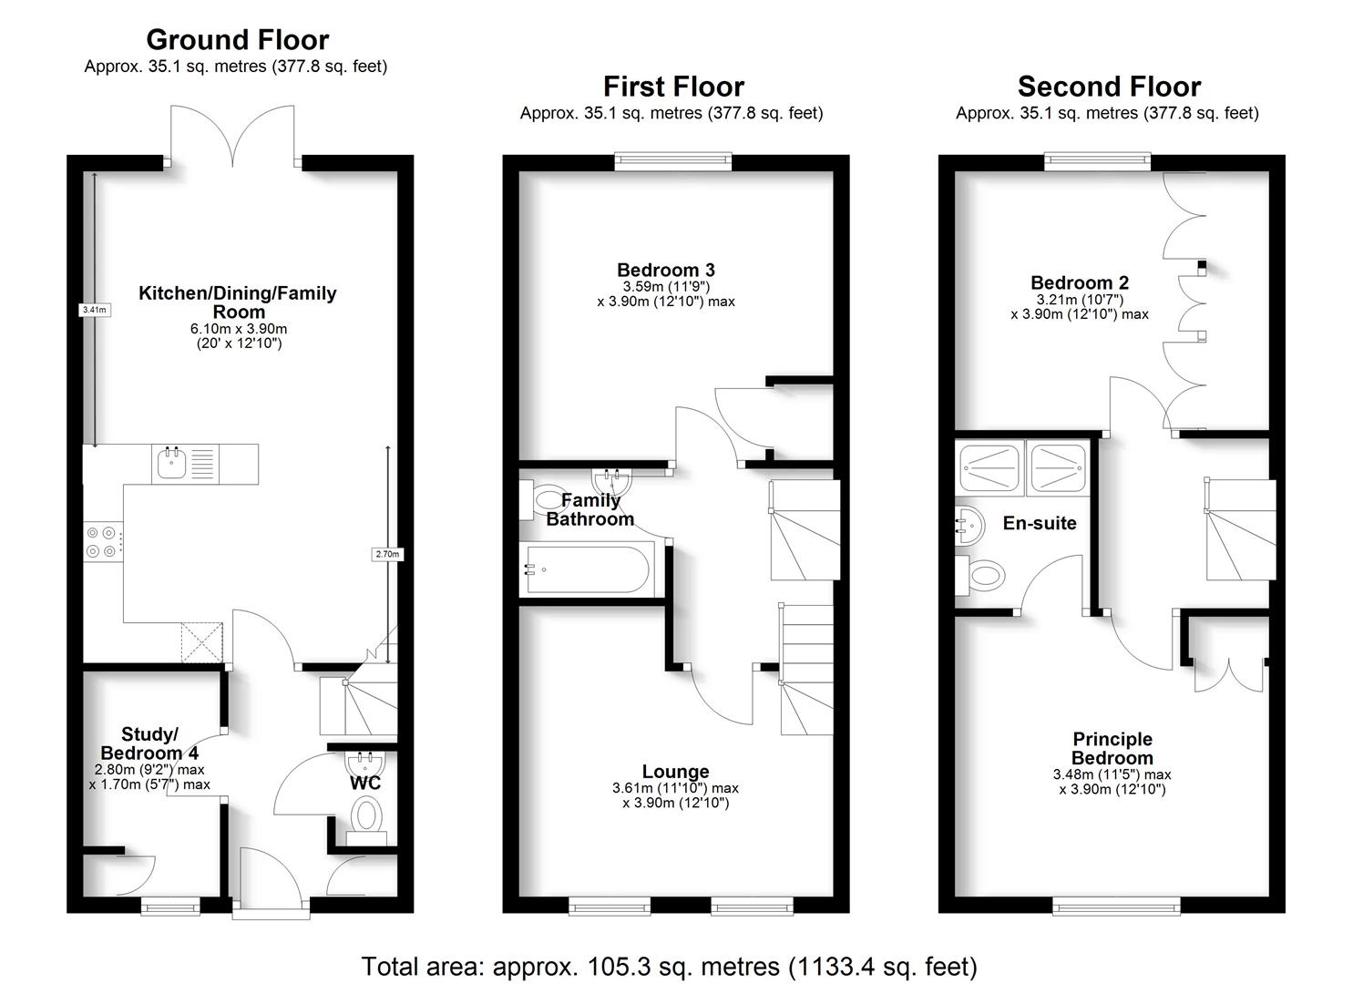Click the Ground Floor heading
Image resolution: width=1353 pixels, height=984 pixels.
pos(237,40)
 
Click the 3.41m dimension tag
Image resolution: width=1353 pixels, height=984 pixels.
pos(94,310)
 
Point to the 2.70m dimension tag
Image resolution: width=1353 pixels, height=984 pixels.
pos(387,554)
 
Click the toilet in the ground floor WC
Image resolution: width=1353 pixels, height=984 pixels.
pos(367,814)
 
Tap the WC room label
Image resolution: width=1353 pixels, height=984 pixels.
pos(364,783)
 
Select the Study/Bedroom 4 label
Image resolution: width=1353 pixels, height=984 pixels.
pos(149,743)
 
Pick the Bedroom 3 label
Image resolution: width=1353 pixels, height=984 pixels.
pos(665,270)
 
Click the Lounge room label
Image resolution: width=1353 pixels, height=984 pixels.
pos(675,772)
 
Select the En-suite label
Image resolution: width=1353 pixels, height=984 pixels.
pos(1040,523)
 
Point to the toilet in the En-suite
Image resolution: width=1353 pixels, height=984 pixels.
pos(982,575)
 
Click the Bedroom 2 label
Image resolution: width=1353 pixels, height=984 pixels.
pos(1079,282)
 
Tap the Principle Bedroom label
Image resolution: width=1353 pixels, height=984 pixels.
pos(1112,748)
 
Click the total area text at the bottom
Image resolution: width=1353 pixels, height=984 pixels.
pos(670,966)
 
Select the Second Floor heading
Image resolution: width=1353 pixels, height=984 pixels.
pos(1108,87)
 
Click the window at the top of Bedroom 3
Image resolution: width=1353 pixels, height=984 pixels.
pos(672,162)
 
